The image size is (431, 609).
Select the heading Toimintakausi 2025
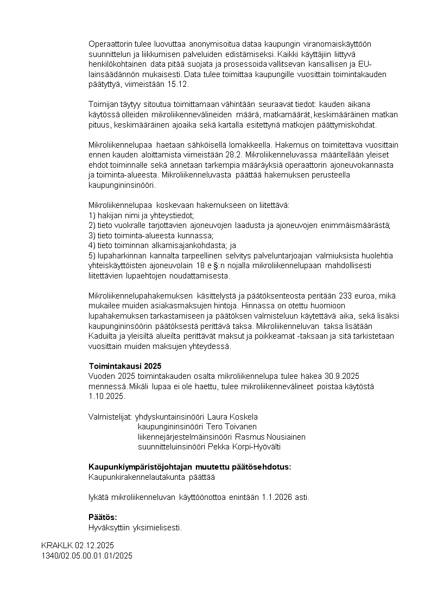click(x=125, y=366)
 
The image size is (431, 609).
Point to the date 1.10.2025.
click(x=106, y=396)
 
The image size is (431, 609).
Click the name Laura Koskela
click(x=232, y=417)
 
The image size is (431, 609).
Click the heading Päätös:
click(x=103, y=517)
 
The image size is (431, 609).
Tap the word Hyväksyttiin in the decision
click(x=107, y=528)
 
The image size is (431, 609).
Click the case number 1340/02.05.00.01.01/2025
click(x=87, y=556)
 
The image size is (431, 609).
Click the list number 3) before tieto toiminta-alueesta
click(x=92, y=235)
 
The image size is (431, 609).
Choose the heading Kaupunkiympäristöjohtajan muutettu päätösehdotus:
click(x=189, y=467)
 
